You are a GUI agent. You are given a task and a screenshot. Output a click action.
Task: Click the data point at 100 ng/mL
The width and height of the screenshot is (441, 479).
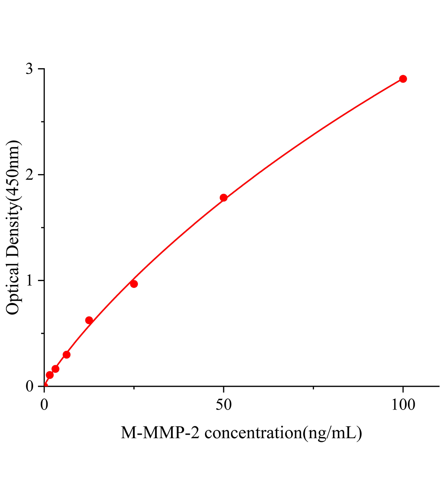(x=403, y=79)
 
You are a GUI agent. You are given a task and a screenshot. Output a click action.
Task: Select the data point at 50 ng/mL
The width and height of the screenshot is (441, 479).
(x=223, y=198)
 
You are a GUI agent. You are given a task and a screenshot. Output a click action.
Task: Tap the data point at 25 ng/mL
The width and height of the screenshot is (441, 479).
(x=134, y=284)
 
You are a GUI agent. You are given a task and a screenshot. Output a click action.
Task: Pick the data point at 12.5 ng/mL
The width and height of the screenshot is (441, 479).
(x=89, y=320)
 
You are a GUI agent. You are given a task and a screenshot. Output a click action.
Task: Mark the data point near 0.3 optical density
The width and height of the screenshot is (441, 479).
(x=67, y=354)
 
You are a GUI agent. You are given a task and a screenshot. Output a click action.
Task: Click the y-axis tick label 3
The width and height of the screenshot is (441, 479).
(x=30, y=69)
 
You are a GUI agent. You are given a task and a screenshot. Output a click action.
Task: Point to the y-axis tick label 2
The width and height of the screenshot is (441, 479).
(x=30, y=175)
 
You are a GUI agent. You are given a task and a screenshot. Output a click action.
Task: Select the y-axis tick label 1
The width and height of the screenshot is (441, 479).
(x=30, y=281)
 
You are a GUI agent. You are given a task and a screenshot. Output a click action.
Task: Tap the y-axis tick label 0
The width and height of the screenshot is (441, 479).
(x=30, y=386)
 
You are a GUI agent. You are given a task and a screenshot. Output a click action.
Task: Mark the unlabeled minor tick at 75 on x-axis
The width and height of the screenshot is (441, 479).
(x=313, y=388)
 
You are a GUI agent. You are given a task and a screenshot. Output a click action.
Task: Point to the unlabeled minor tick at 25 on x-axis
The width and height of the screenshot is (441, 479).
(x=134, y=388)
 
